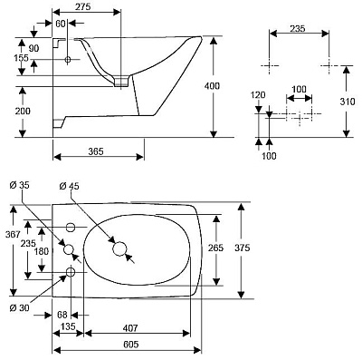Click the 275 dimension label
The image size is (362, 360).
(x=83, y=6)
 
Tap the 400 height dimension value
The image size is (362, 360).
(x=212, y=86)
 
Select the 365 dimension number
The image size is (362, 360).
(x=96, y=151)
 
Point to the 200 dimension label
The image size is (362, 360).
(x=23, y=111)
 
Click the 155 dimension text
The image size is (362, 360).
(x=22, y=58)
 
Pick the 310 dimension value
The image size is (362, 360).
(x=348, y=102)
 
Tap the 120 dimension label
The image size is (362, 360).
(x=258, y=95)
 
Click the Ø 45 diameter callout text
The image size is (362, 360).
(x=69, y=186)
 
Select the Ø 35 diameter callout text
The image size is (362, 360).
(x=19, y=185)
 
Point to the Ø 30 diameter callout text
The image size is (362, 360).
(x=20, y=308)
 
